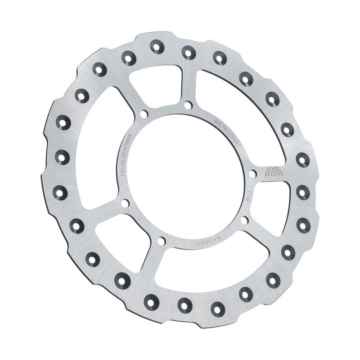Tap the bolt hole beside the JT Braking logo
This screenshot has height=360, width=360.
click(252, 173)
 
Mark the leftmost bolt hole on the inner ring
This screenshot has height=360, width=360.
click(124, 203)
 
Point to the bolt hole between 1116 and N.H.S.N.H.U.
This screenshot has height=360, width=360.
click(244, 220)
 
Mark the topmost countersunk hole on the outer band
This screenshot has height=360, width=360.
click(156, 45)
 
